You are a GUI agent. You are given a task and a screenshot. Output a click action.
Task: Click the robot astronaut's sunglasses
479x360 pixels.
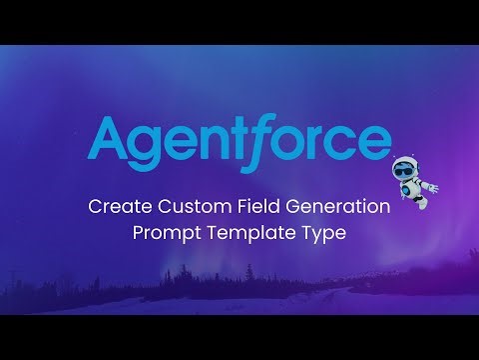pyautogui.click(x=406, y=168)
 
